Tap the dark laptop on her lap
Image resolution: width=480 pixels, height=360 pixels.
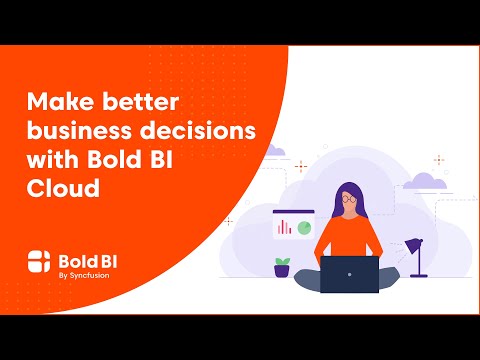[349, 274]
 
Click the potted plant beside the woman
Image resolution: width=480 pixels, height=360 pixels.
[283, 266]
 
